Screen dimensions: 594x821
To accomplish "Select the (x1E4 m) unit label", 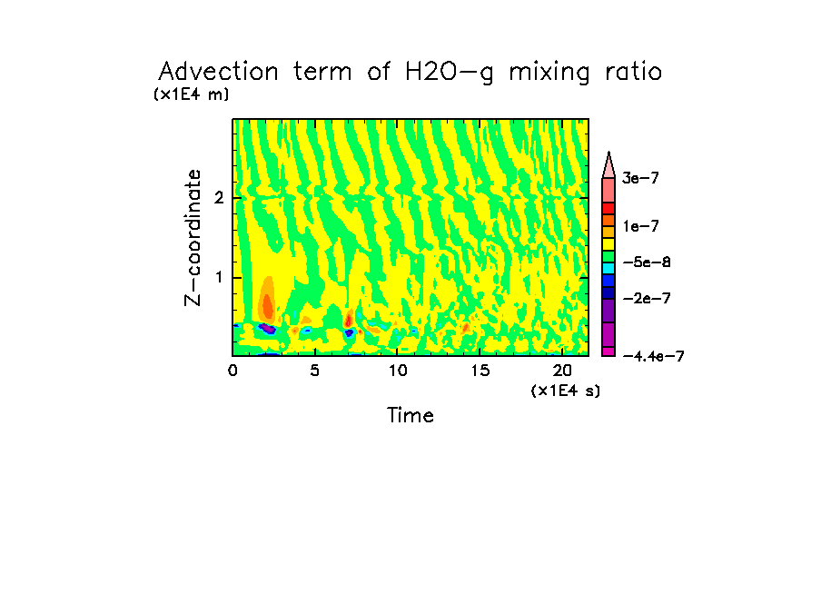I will pyautogui.click(x=191, y=94).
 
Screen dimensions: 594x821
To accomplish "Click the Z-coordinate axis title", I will pyautogui.click(x=193, y=237).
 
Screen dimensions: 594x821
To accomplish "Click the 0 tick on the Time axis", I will pyautogui.click(x=232, y=371).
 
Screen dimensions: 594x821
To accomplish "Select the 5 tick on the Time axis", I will pyautogui.click(x=314, y=371).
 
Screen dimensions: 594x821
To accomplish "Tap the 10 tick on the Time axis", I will pyautogui.click(x=397, y=371).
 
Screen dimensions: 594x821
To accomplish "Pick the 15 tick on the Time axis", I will pyautogui.click(x=480, y=371).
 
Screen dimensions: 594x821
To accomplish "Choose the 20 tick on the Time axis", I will pyautogui.click(x=562, y=371).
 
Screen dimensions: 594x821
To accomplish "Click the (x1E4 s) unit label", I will pyautogui.click(x=565, y=391).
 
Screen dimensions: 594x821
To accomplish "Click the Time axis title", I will pyautogui.click(x=410, y=416).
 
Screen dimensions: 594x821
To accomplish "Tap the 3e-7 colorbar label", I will pyautogui.click(x=639, y=179).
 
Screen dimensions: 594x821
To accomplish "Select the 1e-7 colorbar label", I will pyautogui.click(x=639, y=225).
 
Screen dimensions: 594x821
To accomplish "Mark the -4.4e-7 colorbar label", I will pyautogui.click(x=652, y=356).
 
